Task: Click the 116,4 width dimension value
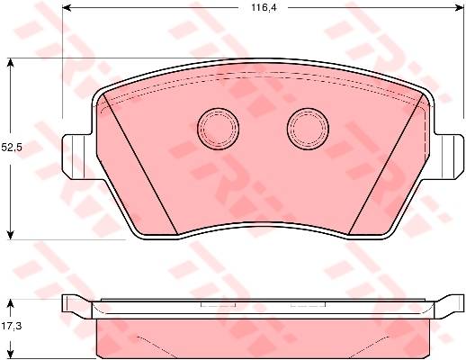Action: (264, 8)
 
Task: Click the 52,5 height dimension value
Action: (12, 148)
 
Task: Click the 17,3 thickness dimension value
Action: (12, 326)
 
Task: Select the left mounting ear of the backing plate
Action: (76, 157)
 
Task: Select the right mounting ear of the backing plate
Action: (449, 157)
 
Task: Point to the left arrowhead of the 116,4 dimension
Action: (66, 8)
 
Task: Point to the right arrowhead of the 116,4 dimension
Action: (460, 8)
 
